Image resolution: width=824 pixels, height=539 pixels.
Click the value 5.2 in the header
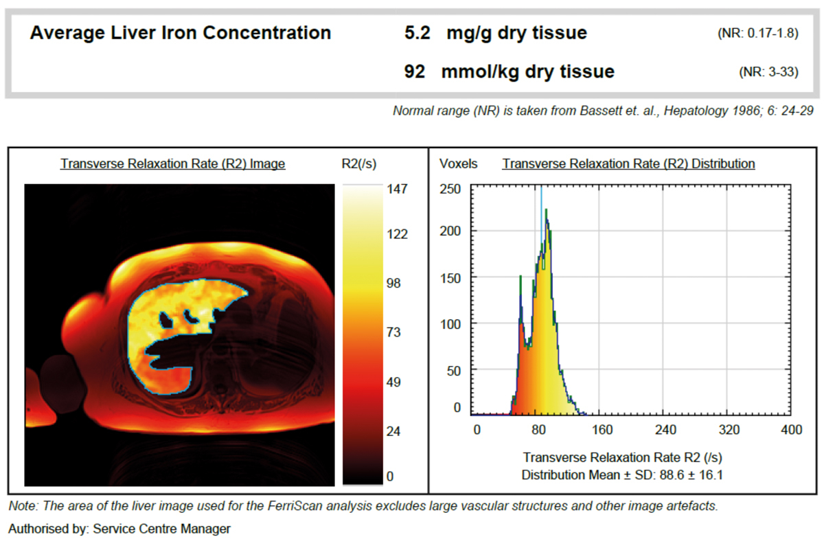[x=417, y=33]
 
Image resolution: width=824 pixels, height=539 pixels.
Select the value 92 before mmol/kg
[x=415, y=71]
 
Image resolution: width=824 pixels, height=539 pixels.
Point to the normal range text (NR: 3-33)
[x=768, y=72]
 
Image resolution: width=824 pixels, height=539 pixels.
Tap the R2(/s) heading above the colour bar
[x=358, y=164]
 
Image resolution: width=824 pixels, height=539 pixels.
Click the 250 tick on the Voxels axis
[x=450, y=189]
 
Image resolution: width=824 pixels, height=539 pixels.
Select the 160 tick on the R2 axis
[x=602, y=430]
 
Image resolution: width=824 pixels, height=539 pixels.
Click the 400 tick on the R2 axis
[x=791, y=430]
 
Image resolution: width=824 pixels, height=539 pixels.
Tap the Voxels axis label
[x=457, y=164]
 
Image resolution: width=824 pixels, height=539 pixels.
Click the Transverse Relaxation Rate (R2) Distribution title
[x=628, y=164]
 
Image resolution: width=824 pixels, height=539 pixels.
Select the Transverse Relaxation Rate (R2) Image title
[x=172, y=164]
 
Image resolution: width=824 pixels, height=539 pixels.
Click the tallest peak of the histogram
[x=547, y=211]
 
